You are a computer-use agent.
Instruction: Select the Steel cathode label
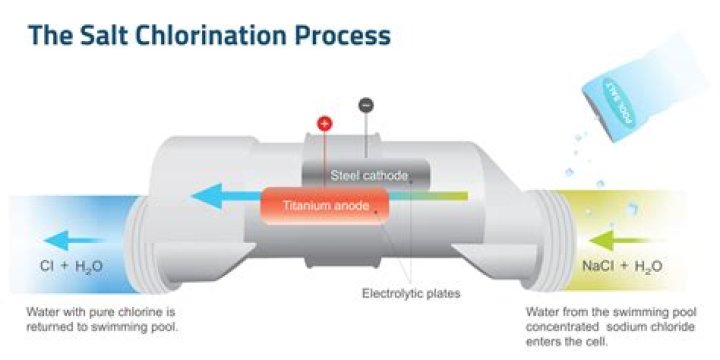tap(369, 177)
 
